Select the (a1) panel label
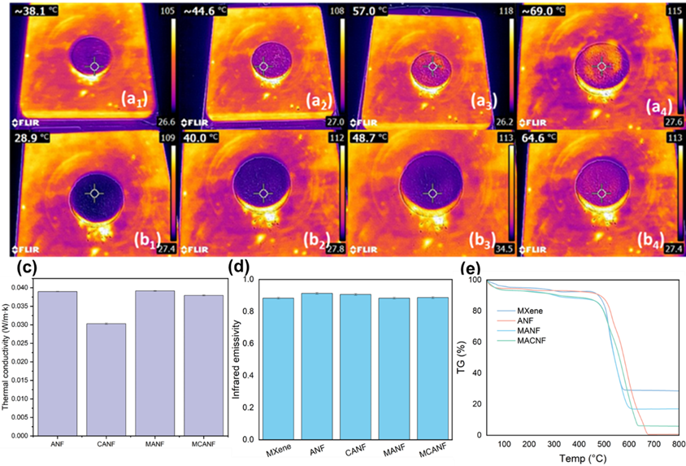(135, 100)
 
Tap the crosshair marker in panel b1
(94, 193)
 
